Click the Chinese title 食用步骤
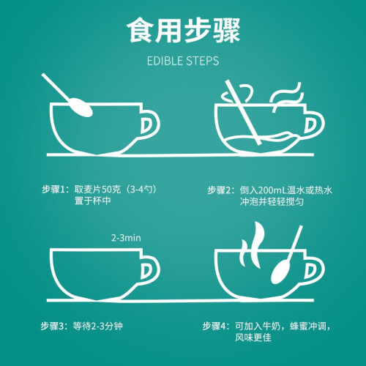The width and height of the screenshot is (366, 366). [x=184, y=31]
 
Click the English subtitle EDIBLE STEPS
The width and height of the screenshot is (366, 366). [x=183, y=61]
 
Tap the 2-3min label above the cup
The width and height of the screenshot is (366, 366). [x=126, y=238]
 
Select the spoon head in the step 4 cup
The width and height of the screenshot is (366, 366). [x=280, y=272]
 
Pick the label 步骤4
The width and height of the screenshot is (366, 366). [x=214, y=326]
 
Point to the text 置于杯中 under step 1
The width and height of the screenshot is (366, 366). [x=93, y=201]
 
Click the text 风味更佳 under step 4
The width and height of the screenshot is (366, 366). [x=253, y=337]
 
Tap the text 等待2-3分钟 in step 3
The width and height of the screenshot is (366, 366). [x=98, y=326]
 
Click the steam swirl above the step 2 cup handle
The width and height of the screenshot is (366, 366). [x=288, y=97]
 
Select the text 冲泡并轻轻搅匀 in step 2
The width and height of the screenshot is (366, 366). [x=272, y=202]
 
